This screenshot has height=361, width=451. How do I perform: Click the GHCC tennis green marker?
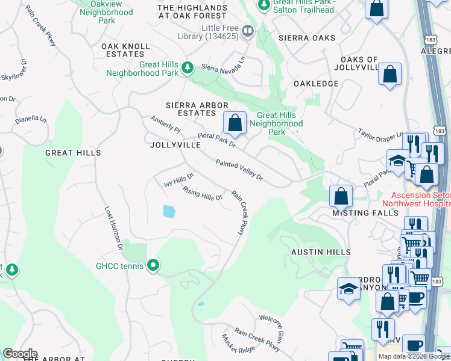154,265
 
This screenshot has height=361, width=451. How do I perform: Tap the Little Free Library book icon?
247,31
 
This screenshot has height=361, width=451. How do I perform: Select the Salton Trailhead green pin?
263,5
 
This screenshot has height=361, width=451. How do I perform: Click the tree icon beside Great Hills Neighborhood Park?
188,69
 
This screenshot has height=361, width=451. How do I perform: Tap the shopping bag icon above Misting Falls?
341,196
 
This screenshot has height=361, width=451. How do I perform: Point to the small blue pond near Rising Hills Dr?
169,211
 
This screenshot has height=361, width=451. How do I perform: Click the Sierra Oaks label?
307,38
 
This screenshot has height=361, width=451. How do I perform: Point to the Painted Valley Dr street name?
240,170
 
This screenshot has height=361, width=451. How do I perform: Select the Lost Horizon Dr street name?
114,229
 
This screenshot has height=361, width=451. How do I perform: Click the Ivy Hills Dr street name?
179,180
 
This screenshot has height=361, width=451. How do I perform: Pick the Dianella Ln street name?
31,119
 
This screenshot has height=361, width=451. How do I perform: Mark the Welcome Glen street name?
272,327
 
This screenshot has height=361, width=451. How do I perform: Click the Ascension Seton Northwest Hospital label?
420,199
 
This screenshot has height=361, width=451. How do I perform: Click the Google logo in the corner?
20,354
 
